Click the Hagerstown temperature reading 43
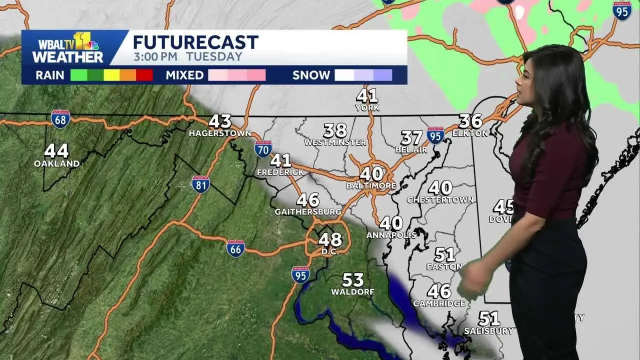[x=220, y=121]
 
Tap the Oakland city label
[x=56, y=163]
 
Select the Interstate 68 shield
[x=60, y=119]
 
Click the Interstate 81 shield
[x=200, y=184]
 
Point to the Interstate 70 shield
[x=263, y=149]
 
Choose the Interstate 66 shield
[x=235, y=248]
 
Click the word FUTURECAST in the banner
[x=195, y=42]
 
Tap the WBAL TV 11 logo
[x=68, y=48]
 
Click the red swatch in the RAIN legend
[x=144, y=75]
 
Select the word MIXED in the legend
[x=184, y=75]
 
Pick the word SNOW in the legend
[x=311, y=75]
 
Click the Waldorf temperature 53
[x=352, y=280]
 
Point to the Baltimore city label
[x=371, y=186]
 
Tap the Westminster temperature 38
[x=335, y=131]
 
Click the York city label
[x=367, y=108]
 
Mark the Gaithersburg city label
[x=307, y=212]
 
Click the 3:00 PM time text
[x=155, y=57]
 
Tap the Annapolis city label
[x=391, y=235]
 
